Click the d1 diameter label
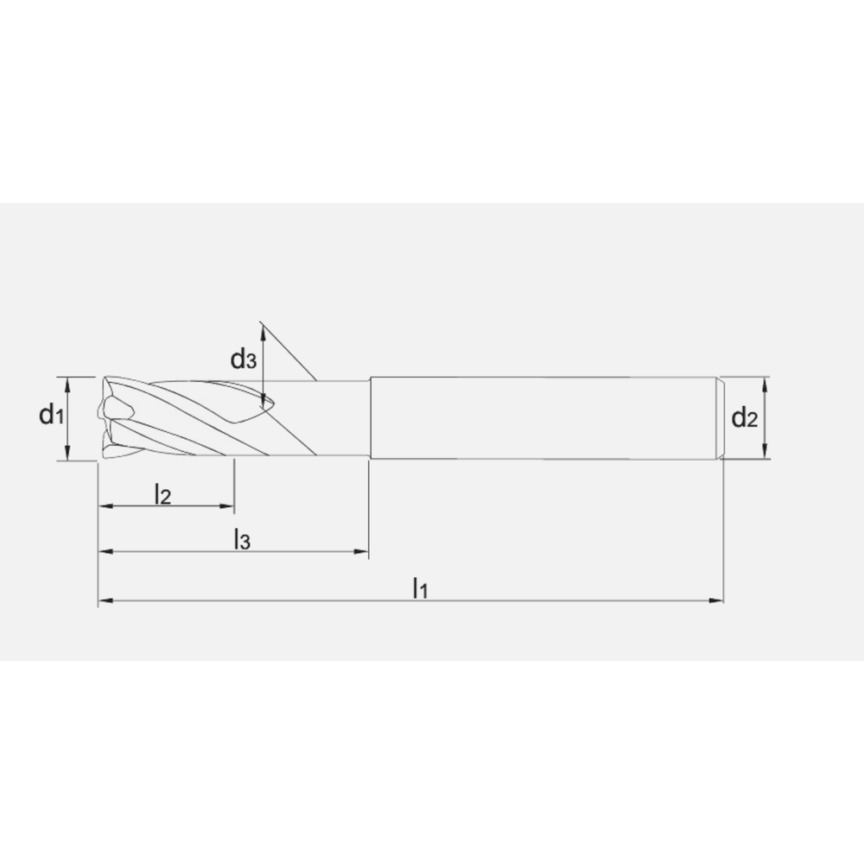pyautogui.click(x=51, y=416)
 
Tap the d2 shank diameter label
pyautogui.click(x=744, y=418)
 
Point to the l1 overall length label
pyautogui.click(x=420, y=588)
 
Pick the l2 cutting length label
pyautogui.click(x=162, y=494)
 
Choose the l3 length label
pyautogui.click(x=242, y=540)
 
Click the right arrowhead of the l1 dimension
pyautogui.click(x=717, y=599)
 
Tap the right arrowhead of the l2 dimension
pyautogui.click(x=229, y=505)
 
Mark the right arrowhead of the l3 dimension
pyautogui.click(x=364, y=550)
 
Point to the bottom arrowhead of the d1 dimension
pyautogui.click(x=68, y=456)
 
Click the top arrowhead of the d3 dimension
pyautogui.click(x=262, y=325)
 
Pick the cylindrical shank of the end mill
pyautogui.click(x=544, y=417)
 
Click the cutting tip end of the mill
pyautogui.click(x=105, y=417)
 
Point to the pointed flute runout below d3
pyautogui.click(x=266, y=402)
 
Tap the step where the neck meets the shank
pyautogui.click(x=370, y=417)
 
